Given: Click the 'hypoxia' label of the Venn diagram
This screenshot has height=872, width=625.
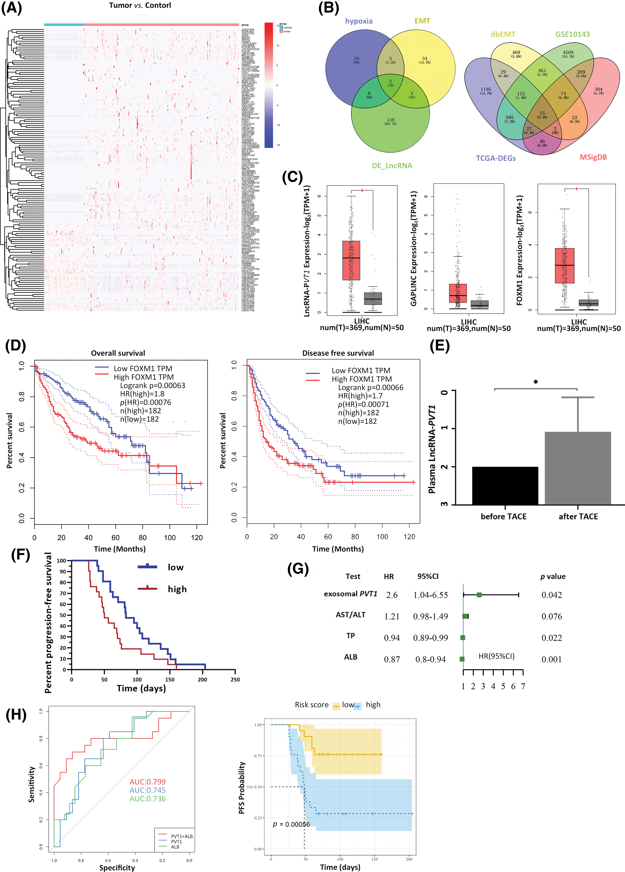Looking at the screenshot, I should click(x=358, y=21).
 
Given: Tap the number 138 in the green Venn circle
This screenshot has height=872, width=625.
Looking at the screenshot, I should click(x=390, y=120).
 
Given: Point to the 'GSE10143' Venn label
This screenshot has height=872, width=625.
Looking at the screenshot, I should click(x=572, y=34).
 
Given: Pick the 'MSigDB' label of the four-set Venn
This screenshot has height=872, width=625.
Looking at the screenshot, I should click(x=593, y=157).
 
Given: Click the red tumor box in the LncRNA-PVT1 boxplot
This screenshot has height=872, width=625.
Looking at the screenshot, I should click(x=351, y=260).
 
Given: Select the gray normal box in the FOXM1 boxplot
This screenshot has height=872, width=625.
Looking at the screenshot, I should click(x=588, y=303).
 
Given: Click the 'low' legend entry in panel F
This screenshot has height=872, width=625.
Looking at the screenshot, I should click(x=175, y=568).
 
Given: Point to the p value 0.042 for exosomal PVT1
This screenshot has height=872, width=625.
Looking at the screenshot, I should click(x=552, y=595).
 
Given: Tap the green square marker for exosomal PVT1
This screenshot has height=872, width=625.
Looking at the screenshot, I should click(x=479, y=595).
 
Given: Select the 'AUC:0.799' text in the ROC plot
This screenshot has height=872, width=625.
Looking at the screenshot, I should click(x=147, y=782).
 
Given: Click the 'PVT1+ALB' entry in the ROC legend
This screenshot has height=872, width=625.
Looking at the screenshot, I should click(x=182, y=836).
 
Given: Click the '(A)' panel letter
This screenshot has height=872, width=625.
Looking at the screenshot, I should click(x=12, y=8).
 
